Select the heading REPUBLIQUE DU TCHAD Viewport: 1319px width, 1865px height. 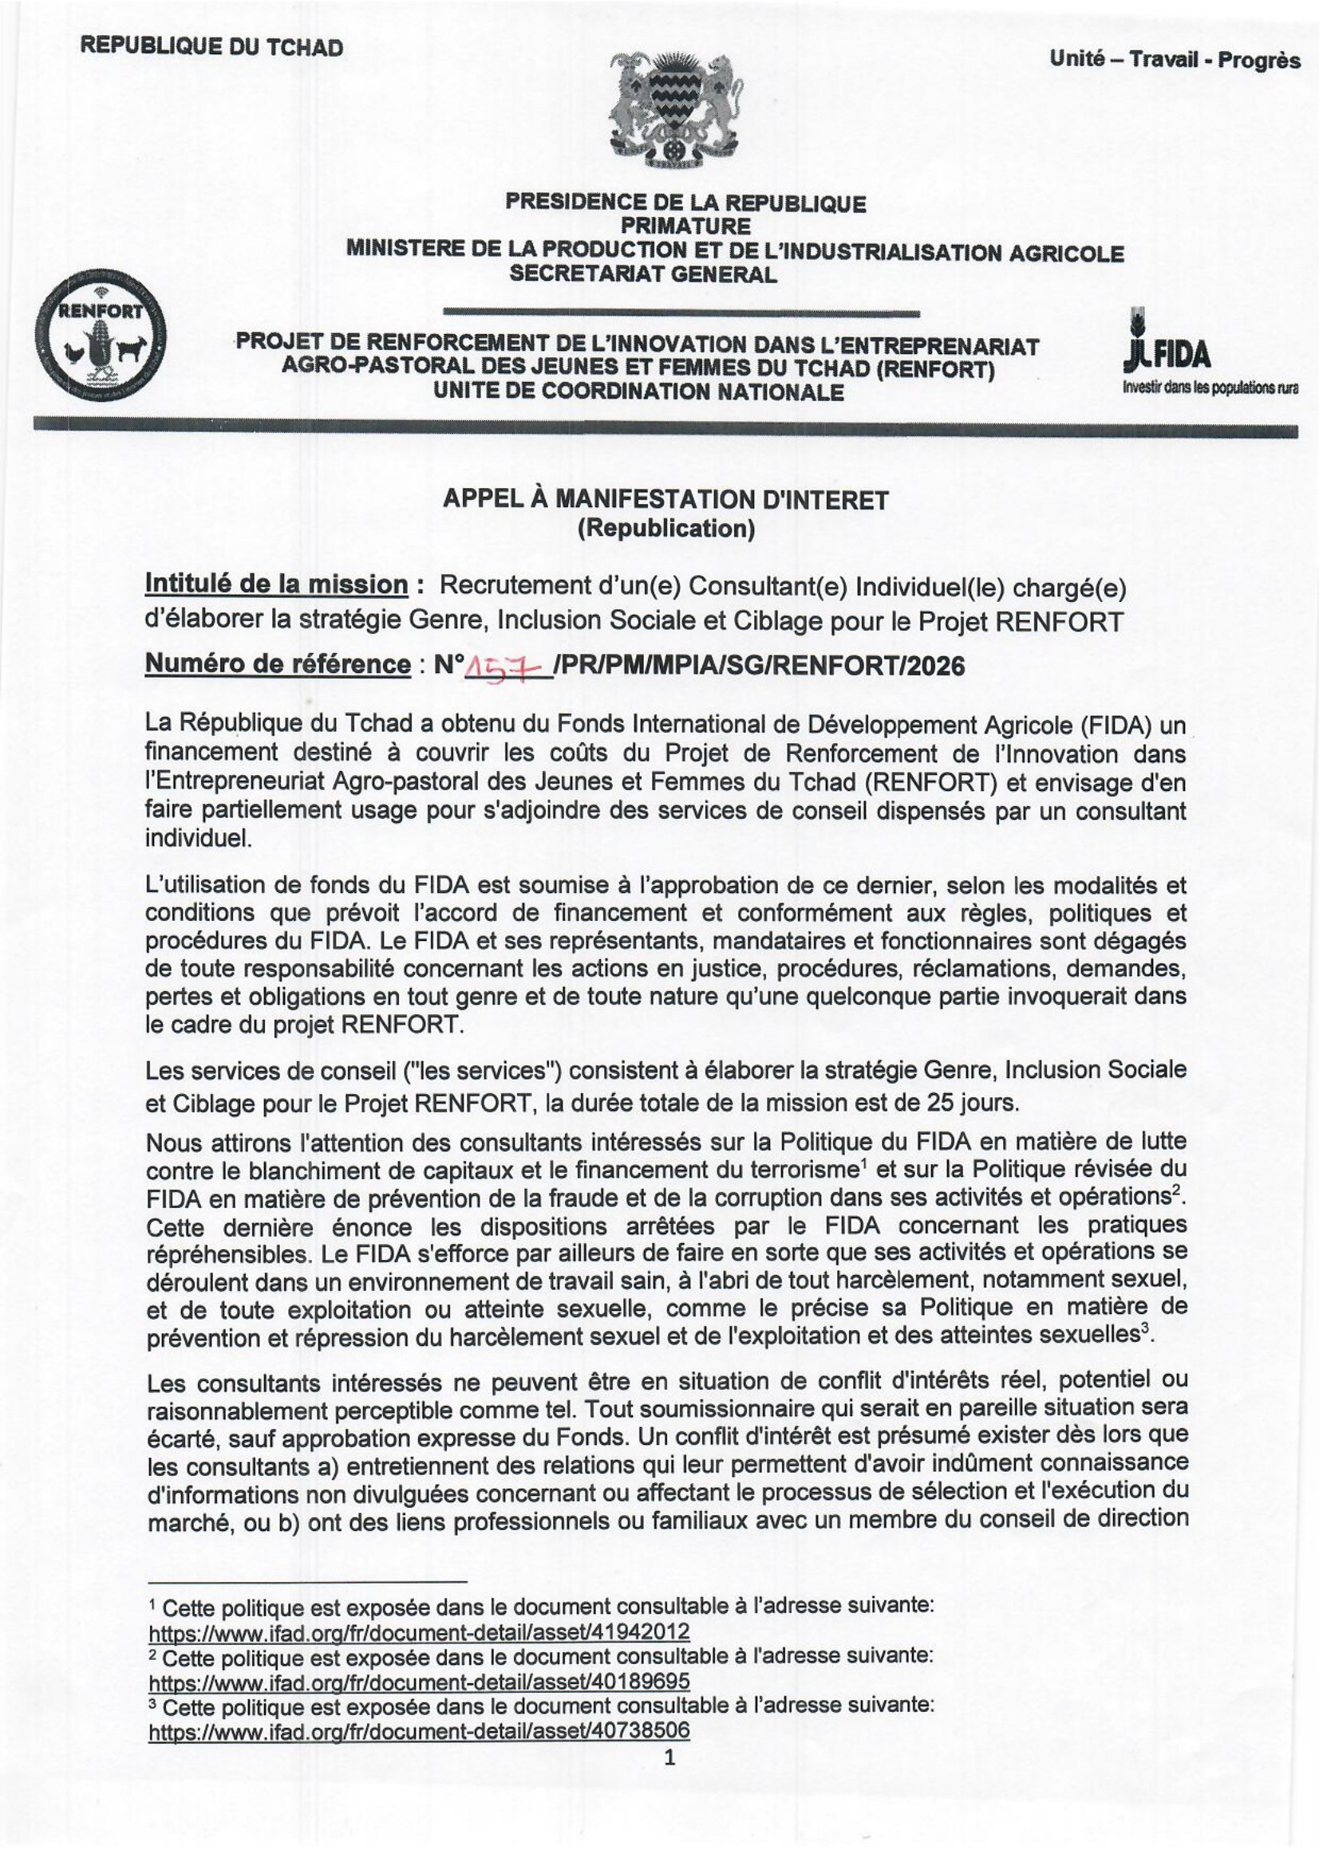point(211,47)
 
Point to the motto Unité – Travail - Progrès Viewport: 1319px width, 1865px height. point(1175,59)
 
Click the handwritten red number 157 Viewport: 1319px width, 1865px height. point(509,667)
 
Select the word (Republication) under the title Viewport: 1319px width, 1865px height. point(665,529)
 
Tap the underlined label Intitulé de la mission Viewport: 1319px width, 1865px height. point(276,584)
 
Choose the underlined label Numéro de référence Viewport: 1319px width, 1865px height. point(278,664)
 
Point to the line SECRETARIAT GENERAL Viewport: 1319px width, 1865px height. point(643,274)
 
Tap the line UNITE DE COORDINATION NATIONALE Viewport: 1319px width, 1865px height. point(639,392)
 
